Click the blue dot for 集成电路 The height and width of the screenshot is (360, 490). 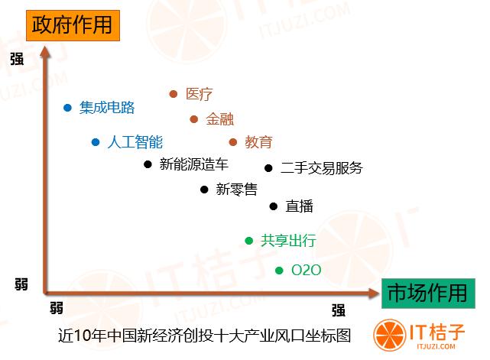(x=67, y=108)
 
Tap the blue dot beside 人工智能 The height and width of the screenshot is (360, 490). (x=96, y=142)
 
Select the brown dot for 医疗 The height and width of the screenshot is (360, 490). (x=173, y=94)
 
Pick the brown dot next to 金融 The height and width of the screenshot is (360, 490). (x=193, y=119)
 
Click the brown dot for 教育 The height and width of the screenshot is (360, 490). (x=233, y=142)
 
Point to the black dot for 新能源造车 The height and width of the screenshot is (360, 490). (x=148, y=164)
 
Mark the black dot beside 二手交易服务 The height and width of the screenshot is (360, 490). (x=268, y=168)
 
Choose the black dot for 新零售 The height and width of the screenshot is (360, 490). (x=204, y=190)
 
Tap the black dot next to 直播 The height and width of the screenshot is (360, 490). (x=274, y=206)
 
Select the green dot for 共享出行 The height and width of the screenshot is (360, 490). (x=248, y=241)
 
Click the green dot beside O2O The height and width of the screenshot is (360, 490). (x=279, y=271)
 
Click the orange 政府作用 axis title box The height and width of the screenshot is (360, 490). (x=73, y=25)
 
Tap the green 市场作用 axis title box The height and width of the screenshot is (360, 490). (x=428, y=294)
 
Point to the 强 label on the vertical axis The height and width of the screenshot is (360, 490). (x=17, y=59)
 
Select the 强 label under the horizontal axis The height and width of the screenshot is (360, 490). (x=339, y=310)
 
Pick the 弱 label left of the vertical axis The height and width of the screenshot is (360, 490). (x=21, y=284)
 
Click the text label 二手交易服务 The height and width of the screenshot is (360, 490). (x=322, y=168)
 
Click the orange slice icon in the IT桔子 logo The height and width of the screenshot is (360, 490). (x=390, y=335)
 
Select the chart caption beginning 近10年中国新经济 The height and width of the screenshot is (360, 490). (x=205, y=336)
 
